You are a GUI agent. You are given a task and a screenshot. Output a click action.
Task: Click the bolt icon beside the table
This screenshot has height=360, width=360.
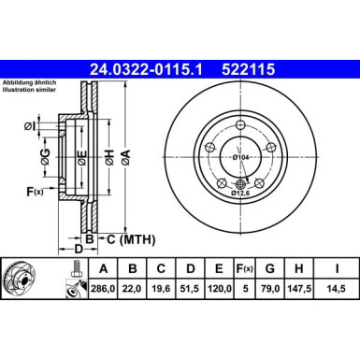tap(71, 280)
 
